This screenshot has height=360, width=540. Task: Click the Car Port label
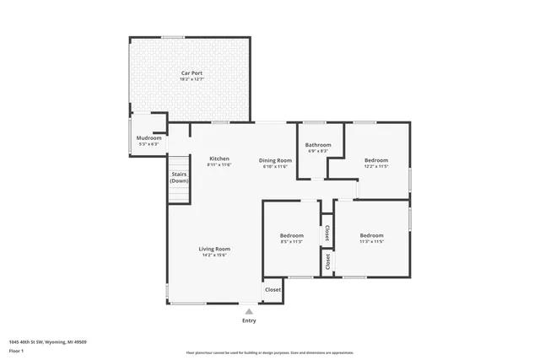click(x=192, y=73)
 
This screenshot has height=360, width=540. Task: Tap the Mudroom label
click(x=148, y=137)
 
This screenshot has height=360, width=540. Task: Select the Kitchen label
click(x=219, y=159)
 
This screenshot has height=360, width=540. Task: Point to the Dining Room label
click(x=275, y=160)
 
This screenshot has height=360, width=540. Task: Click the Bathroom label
click(x=318, y=145)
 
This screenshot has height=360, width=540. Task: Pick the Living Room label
click(x=214, y=249)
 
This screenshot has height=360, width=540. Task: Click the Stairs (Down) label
click(x=179, y=177)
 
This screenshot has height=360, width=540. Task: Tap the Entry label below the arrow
click(x=249, y=320)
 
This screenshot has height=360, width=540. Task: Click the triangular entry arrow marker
click(x=249, y=311)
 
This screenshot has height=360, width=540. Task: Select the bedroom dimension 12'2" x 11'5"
click(x=376, y=167)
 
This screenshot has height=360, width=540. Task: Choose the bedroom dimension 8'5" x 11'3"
click(x=291, y=242)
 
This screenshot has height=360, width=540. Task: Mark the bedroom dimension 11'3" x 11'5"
click(x=371, y=242)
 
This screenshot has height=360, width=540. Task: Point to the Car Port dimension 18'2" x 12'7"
click(x=192, y=80)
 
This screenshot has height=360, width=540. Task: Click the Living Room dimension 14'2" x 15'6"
click(x=214, y=255)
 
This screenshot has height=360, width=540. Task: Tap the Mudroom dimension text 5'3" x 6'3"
click(x=148, y=144)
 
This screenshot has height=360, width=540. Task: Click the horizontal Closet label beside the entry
click(x=273, y=290)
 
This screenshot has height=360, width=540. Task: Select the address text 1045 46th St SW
click(x=47, y=342)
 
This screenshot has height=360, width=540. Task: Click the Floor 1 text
click(x=15, y=350)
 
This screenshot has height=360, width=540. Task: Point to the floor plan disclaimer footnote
click(x=269, y=352)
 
